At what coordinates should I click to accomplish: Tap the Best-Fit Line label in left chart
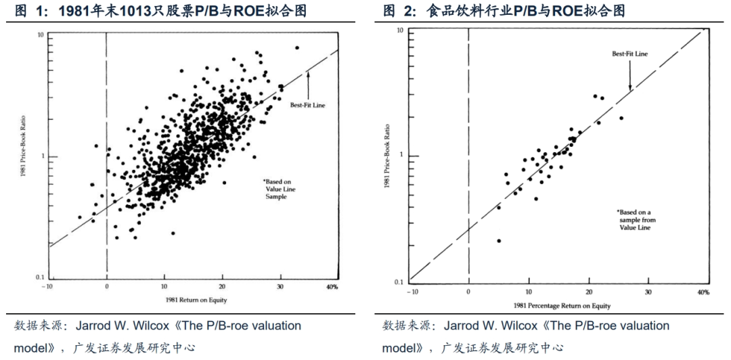click(x=309, y=105)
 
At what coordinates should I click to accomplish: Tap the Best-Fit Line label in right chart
click(x=629, y=53)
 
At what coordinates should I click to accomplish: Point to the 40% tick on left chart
click(x=332, y=287)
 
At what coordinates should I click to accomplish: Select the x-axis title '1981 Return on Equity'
click(x=194, y=298)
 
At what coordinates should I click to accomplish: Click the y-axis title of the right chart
click(x=389, y=155)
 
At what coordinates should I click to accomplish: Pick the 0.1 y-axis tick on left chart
click(x=40, y=277)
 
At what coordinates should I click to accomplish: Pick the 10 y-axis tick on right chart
click(x=400, y=31)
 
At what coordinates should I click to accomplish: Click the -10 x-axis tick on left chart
click(x=47, y=287)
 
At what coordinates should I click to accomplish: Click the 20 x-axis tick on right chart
click(x=588, y=292)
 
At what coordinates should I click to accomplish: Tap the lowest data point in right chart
click(x=499, y=240)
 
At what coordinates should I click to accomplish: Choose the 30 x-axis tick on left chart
click(x=280, y=287)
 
